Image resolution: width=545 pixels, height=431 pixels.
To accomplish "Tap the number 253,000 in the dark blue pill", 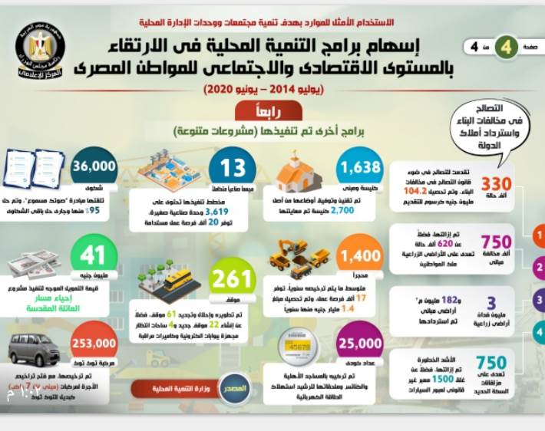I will pos(94,346).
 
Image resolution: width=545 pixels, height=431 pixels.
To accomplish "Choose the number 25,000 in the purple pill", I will pos(360,345).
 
